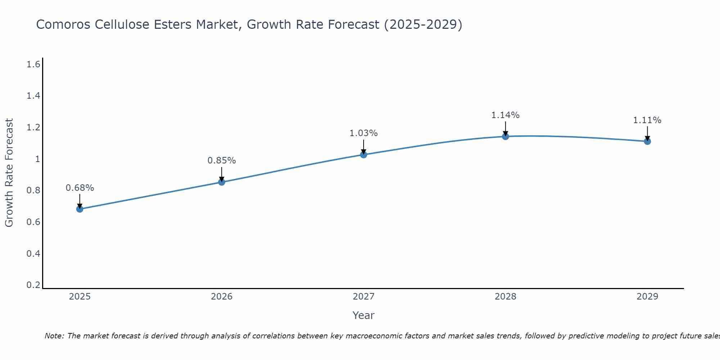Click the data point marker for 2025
click(80, 209)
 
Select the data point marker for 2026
click(222, 182)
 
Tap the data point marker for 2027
click(364, 155)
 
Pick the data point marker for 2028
click(505, 136)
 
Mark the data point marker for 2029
click(647, 141)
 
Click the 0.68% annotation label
click(80, 188)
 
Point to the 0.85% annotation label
click(222, 161)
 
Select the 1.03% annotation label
click(364, 133)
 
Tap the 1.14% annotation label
click(505, 115)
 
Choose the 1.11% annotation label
click(647, 120)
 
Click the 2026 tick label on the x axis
click(222, 297)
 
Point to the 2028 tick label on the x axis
click(505, 297)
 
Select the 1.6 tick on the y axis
click(33, 64)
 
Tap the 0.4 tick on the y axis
click(33, 254)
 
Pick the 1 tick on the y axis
click(37, 159)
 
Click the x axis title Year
click(364, 315)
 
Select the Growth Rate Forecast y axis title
click(9, 173)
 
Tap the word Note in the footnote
click(54, 336)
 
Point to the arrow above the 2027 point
click(364, 147)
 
